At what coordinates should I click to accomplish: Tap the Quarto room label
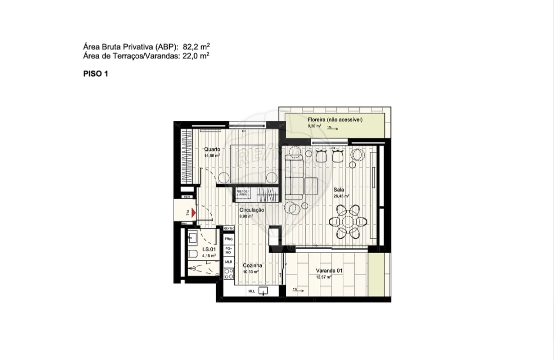[x=212, y=149]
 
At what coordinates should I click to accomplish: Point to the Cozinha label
[x=252, y=265]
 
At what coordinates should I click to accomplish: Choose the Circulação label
[x=252, y=210]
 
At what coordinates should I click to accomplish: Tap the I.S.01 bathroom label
[x=209, y=249]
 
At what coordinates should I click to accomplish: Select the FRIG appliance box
[x=228, y=239]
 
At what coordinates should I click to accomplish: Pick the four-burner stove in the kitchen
[x=229, y=273]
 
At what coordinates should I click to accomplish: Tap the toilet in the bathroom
[x=193, y=254]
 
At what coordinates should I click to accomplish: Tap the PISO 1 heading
[x=96, y=73]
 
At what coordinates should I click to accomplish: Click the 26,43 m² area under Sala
[x=341, y=196]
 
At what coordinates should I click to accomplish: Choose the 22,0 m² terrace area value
[x=196, y=56]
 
